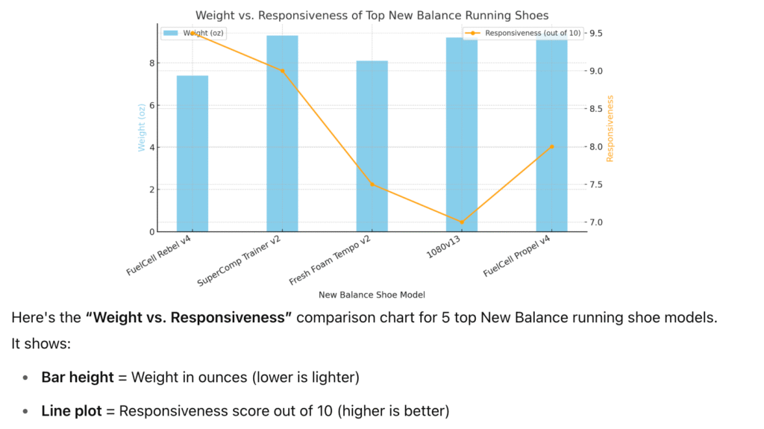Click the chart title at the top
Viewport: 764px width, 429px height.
click(372, 15)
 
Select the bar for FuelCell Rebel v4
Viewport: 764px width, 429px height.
click(192, 153)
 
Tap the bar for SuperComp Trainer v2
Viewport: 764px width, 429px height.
click(282, 134)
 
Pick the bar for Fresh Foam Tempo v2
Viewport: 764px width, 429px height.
click(372, 145)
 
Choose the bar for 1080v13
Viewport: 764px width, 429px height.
click(462, 134)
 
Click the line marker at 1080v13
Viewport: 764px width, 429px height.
click(462, 222)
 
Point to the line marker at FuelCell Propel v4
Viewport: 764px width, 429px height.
click(551, 147)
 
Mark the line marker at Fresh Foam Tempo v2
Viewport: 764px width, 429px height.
click(372, 184)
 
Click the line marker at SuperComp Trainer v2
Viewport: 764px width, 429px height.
click(282, 71)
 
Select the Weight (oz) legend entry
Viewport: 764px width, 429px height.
click(194, 34)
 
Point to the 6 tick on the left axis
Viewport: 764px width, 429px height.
click(152, 105)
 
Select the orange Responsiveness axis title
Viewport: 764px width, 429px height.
click(610, 128)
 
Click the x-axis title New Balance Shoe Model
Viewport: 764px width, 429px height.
click(372, 295)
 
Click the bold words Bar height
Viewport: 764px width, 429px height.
click(78, 378)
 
